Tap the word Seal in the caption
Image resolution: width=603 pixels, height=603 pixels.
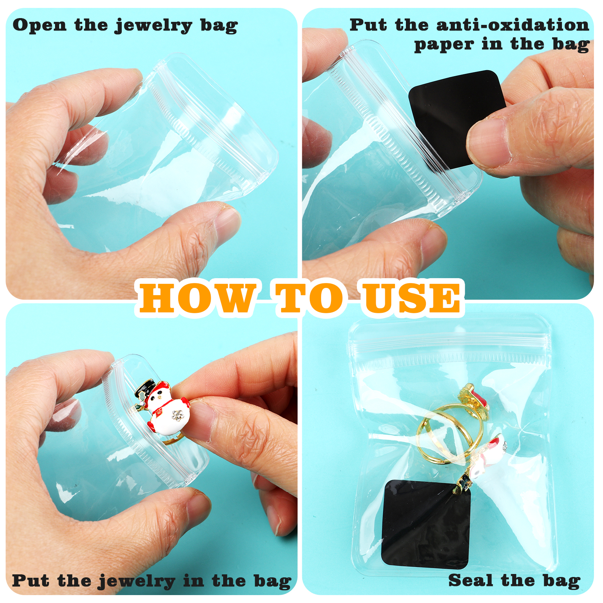pyautogui.click(x=470, y=580)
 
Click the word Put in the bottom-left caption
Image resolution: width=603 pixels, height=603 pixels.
pyautogui.click(x=31, y=580)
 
